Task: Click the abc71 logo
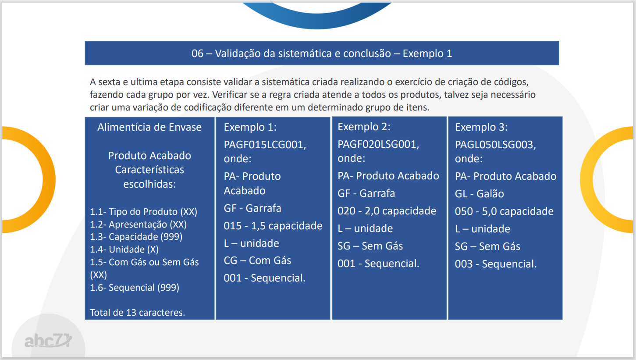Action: (48, 340)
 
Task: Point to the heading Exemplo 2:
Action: (364, 127)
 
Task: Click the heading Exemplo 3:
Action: (481, 127)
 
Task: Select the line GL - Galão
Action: (479, 194)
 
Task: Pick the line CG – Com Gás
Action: (257, 260)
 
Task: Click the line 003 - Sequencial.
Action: (496, 264)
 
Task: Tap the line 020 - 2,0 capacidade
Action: (387, 211)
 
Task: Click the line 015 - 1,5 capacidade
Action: (273, 226)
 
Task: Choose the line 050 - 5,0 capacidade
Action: (504, 211)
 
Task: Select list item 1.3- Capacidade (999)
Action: (136, 237)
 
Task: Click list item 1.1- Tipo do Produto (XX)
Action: (143, 212)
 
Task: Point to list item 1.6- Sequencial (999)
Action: (135, 288)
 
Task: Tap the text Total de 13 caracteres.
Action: (138, 313)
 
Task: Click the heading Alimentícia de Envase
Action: (149, 127)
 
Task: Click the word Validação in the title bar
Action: (238, 53)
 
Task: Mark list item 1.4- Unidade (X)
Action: (124, 250)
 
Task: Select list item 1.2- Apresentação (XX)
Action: (138, 225)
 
